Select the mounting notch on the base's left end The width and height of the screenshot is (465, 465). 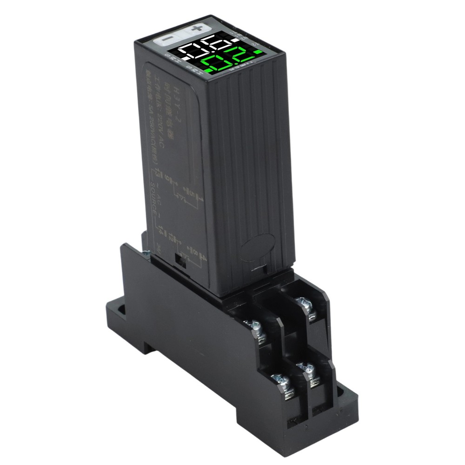tap(119, 309)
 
